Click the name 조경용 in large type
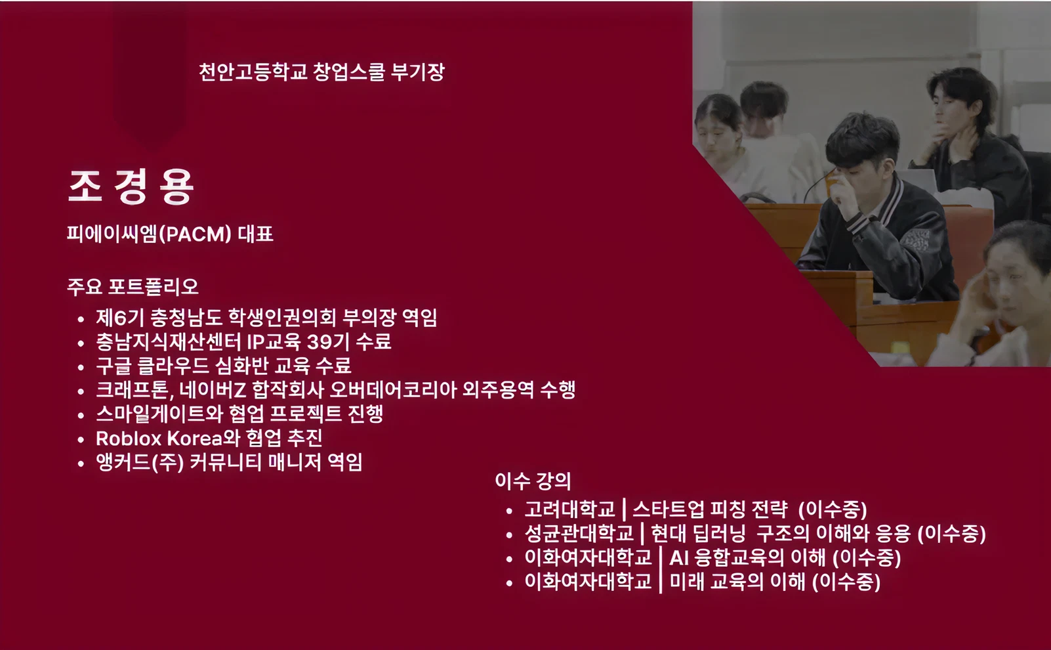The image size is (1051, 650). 131,186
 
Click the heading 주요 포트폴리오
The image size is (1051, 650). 133,286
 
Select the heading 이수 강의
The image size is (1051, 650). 533,481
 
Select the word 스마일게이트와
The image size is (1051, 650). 159,414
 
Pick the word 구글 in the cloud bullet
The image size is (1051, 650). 113,366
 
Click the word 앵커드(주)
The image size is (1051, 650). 140,463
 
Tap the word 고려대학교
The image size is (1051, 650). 569,509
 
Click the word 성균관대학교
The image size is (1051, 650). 579,533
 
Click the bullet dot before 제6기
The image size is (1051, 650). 81,319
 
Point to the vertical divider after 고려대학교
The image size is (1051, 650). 624,509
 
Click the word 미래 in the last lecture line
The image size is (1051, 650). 687,582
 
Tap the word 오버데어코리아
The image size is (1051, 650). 393,390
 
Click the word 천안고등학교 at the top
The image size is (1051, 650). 253,72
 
